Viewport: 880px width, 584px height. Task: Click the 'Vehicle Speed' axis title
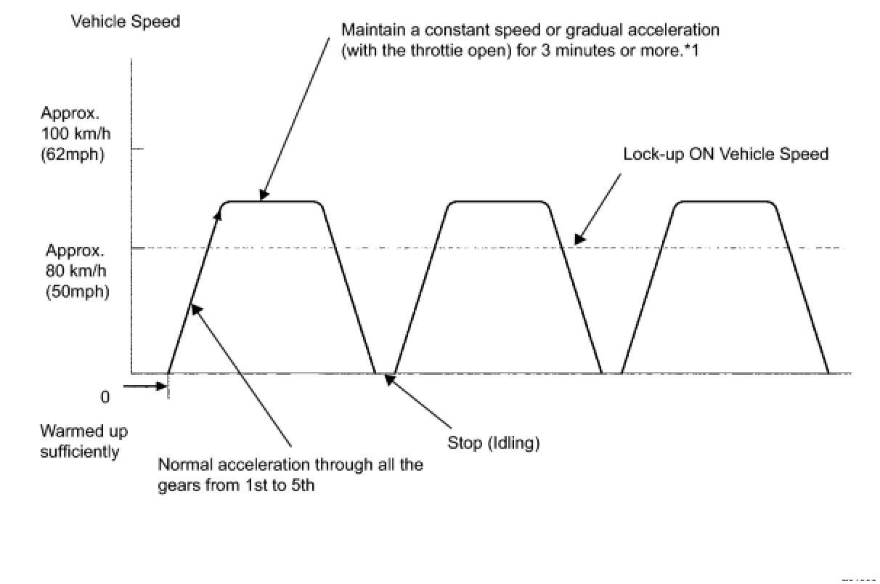pos(126,22)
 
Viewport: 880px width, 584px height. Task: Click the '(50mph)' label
pos(76,292)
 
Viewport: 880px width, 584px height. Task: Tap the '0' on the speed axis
pos(105,397)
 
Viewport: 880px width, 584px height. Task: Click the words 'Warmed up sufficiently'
pos(83,441)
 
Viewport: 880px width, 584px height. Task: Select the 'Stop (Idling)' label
pos(493,443)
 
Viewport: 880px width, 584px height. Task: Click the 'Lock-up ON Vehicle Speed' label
pos(726,155)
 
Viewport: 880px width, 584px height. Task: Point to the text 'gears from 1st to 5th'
pos(236,485)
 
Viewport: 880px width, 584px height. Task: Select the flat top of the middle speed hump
pos(497,201)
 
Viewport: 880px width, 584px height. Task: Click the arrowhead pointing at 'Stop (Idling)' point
pos(390,378)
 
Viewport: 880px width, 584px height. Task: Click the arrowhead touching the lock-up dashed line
pos(578,238)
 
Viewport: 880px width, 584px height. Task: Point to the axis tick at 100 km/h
pos(137,149)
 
